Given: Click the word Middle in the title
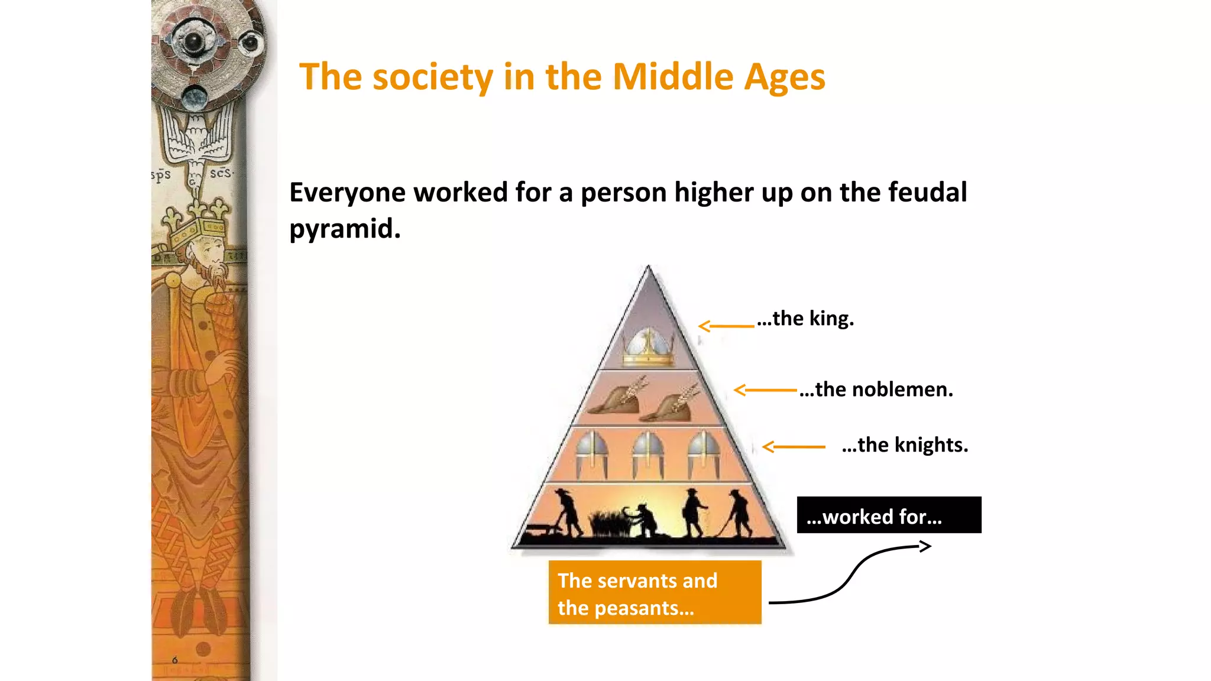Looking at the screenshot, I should point(672,77).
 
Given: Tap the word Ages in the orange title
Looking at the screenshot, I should point(784,78).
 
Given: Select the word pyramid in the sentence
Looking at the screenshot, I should point(345,229).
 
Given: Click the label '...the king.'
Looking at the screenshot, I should point(805,319).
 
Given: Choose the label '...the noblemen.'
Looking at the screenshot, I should point(876,390).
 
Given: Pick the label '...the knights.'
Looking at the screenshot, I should point(905,445).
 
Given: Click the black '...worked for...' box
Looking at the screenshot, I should point(889,515).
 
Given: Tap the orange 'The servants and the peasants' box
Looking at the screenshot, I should point(655,592).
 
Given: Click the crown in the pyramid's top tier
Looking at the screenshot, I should point(648,348).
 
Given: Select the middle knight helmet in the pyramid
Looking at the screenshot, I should point(648,453).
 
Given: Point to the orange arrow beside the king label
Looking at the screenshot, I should point(726,326).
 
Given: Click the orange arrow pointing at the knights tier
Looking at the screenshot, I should point(794,447).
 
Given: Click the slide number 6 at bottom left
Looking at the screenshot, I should point(174,660).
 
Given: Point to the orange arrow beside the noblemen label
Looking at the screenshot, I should point(765,390).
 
